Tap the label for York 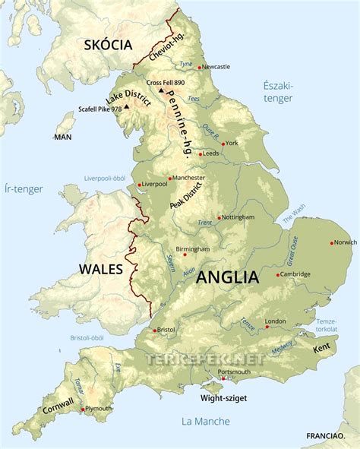point(232,143)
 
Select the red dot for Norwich point(332,243)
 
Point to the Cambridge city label point(296,274)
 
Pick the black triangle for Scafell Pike point(127,107)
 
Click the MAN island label point(62,137)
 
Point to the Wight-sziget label point(223,397)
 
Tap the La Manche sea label point(199,420)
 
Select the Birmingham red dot point(184,255)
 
